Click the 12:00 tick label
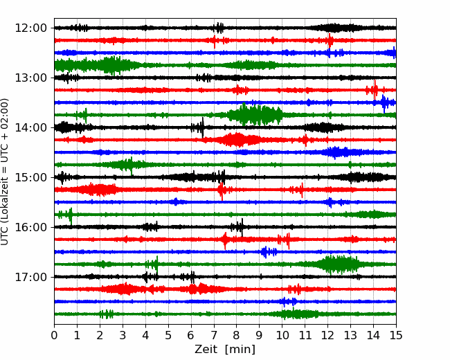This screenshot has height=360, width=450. pyautogui.click(x=30, y=28)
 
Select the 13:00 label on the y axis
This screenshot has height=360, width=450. pyautogui.click(x=30, y=78)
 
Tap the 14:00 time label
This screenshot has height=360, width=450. pyautogui.click(x=30, y=127)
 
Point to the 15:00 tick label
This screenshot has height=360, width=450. pyautogui.click(x=30, y=177)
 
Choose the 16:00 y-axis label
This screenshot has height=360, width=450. pyautogui.click(x=30, y=227)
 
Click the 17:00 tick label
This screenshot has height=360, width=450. pyautogui.click(x=30, y=277)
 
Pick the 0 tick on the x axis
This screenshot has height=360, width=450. pyautogui.click(x=54, y=335)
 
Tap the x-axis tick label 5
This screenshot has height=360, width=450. pyautogui.click(x=168, y=335)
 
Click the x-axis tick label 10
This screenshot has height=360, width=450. pyautogui.click(x=282, y=335)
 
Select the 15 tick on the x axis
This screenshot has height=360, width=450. pyautogui.click(x=396, y=335)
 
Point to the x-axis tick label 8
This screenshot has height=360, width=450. pyautogui.click(x=237, y=335)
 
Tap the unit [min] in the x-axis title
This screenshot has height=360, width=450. pyautogui.click(x=240, y=350)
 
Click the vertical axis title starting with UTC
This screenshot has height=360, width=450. pyautogui.click(x=5, y=172)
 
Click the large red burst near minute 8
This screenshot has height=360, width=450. pyautogui.click(x=237, y=140)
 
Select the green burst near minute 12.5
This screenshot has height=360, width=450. pyautogui.click(x=339, y=264)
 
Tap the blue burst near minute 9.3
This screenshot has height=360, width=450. pyautogui.click(x=269, y=252)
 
